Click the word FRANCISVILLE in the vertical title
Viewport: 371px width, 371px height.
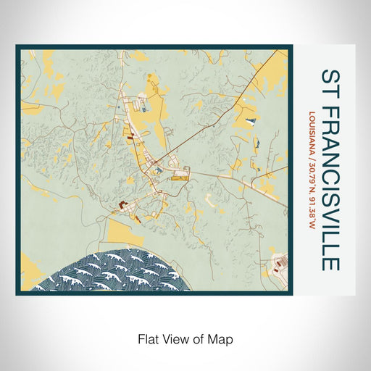click(329, 188)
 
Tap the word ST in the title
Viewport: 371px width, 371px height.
click(329, 83)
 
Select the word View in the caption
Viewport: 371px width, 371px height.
click(177, 338)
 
